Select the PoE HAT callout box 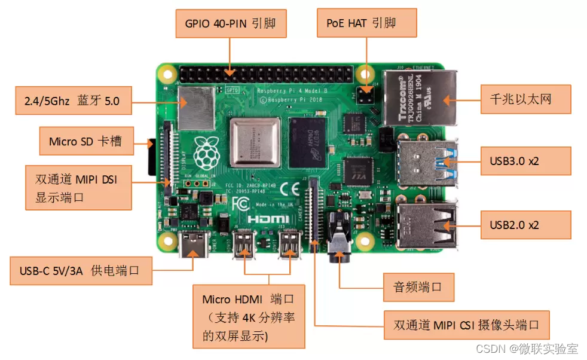click(366, 23)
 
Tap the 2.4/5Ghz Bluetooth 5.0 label click(72, 101)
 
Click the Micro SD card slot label click(85, 142)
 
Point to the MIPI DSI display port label click(78, 188)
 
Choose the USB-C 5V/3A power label click(80, 271)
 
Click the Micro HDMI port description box click(249, 316)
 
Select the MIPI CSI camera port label click(466, 325)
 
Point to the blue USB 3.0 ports click(426, 161)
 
